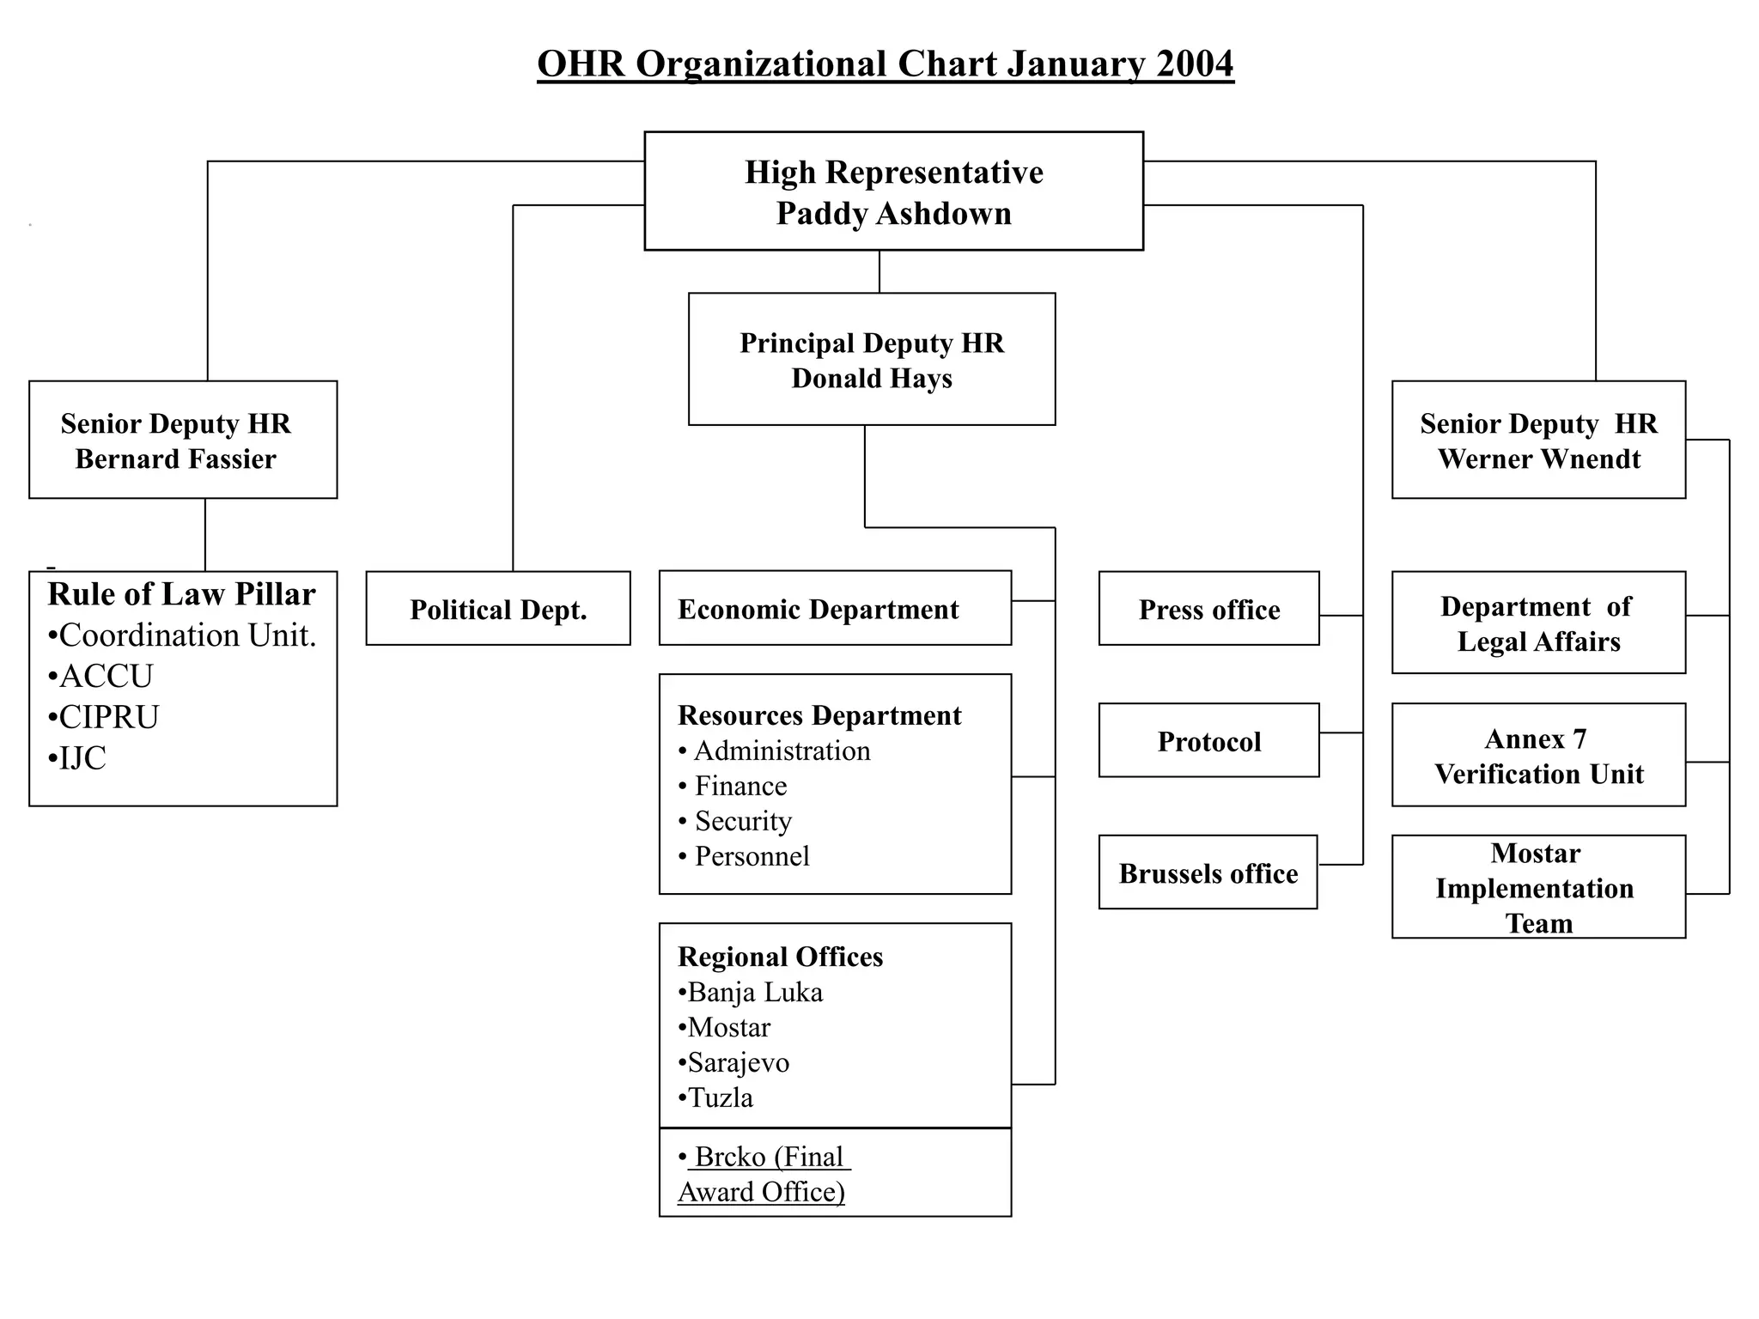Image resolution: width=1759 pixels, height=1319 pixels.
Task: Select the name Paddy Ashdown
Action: point(893,214)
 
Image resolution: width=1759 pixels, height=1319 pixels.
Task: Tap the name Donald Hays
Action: point(872,379)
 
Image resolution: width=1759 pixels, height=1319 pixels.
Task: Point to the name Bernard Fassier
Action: point(175,459)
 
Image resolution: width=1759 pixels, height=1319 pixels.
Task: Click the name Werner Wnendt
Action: point(1539,459)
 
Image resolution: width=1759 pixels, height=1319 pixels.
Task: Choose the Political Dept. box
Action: point(498,610)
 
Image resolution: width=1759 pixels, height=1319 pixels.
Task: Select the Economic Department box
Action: point(834,609)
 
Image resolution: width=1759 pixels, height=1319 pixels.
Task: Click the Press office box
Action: point(1208,610)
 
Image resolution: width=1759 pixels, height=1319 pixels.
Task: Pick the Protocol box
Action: point(1208,742)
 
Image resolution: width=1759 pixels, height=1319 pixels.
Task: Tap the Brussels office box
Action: point(1208,873)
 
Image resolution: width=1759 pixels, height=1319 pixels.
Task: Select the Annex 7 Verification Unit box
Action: point(1538,757)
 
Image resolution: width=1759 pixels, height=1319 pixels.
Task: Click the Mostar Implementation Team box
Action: point(1538,888)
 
